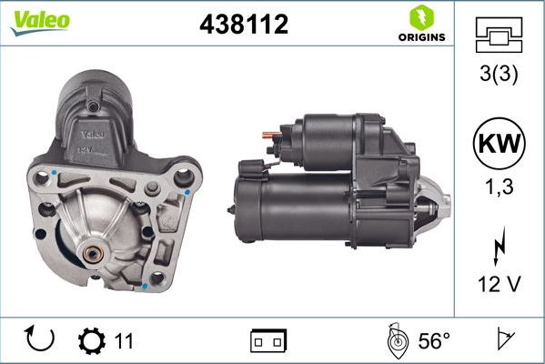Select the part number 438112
click(243, 25)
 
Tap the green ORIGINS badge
click(421, 25)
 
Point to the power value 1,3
click(498, 187)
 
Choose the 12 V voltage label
click(498, 285)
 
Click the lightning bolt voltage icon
click(498, 248)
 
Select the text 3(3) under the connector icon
click(498, 76)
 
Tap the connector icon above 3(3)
click(498, 36)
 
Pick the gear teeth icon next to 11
click(91, 341)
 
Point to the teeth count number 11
click(124, 341)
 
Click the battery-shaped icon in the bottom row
click(268, 341)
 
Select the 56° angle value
click(433, 341)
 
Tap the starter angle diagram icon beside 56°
click(398, 340)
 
